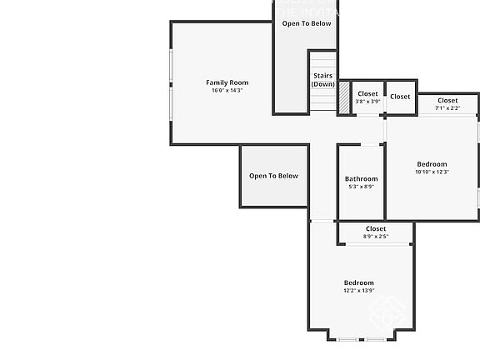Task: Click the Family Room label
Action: coord(227,82)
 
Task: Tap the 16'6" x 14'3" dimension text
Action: coord(227,91)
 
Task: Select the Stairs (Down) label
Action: coord(322,80)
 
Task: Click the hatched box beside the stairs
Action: coord(343,98)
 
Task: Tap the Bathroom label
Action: coord(361,179)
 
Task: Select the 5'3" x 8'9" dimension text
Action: coord(361,187)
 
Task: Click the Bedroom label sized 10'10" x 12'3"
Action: coord(432,164)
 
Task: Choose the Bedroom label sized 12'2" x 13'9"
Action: coord(358,283)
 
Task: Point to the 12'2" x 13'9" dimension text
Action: coord(358,291)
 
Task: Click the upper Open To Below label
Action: coord(306,23)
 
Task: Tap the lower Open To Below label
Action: coord(273,176)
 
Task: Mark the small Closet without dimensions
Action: coord(400,97)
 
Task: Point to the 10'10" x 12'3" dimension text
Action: coord(432,172)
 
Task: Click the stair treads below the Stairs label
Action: coord(322,101)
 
